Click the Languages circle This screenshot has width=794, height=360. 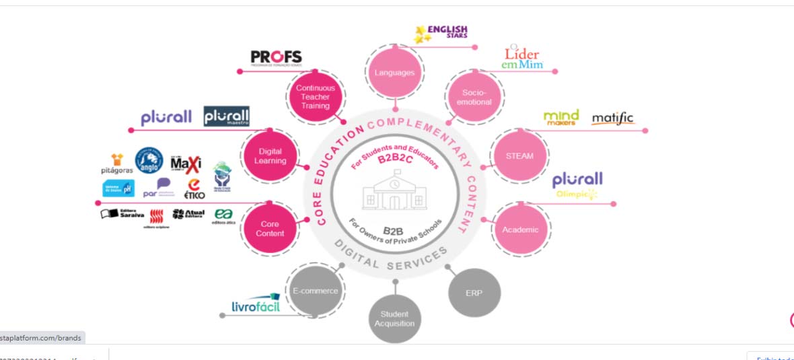394,73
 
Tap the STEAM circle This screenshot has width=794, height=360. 519,155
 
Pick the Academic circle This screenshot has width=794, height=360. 520,229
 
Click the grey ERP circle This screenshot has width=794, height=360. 474,293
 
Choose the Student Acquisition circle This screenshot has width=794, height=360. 394,318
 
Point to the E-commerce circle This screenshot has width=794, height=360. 316,291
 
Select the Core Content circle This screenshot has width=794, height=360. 270,228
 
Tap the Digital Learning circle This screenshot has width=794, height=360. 270,155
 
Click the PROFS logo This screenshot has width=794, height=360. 276,57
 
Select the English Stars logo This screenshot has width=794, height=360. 441,32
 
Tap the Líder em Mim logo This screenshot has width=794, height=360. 522,57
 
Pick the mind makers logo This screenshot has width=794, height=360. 561,118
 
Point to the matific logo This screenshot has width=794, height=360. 612,119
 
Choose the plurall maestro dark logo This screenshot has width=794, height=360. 226,117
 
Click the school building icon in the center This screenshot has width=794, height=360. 394,192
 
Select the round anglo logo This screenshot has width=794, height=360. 149,160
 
